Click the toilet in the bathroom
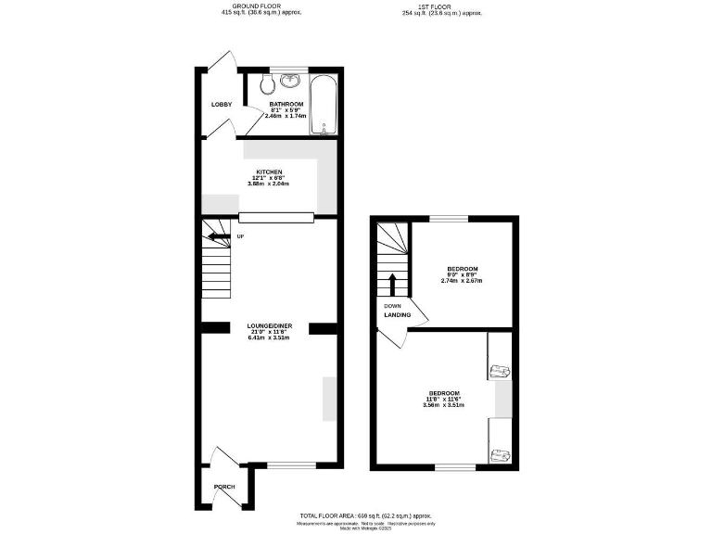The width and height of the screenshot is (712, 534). click(x=266, y=86)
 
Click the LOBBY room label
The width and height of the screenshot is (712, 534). click(x=222, y=104)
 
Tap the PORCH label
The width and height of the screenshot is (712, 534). click(x=223, y=487)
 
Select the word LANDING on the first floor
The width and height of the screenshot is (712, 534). click(x=398, y=315)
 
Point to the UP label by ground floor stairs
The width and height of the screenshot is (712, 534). click(x=241, y=236)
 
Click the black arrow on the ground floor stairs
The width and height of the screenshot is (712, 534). click(x=218, y=236)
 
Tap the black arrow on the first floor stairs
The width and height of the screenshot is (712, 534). click(x=392, y=283)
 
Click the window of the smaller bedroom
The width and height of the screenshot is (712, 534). click(x=448, y=218)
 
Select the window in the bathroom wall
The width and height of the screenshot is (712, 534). click(x=287, y=69)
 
